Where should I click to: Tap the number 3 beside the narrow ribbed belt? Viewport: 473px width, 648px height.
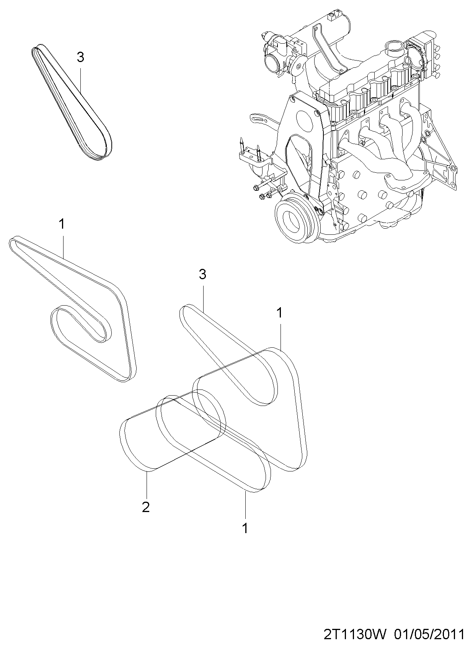tap(80, 57)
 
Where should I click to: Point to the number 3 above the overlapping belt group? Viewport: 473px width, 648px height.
tap(202, 274)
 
